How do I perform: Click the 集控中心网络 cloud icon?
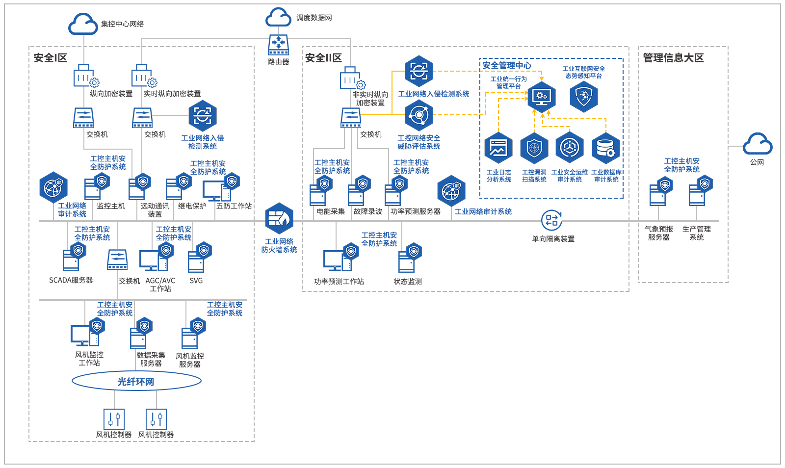click(83, 24)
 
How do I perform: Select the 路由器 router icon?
click(278, 45)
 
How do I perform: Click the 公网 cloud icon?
click(758, 144)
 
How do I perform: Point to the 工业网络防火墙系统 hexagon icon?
click(279, 218)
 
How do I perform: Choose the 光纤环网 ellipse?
click(136, 381)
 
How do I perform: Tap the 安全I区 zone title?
click(51, 58)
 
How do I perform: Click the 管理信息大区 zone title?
click(673, 58)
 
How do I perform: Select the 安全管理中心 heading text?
click(507, 65)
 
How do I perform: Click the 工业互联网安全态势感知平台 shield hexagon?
click(584, 96)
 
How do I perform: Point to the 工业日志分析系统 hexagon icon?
click(498, 148)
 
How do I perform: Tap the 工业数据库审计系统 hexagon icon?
click(606, 148)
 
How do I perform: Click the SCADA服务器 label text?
click(71, 280)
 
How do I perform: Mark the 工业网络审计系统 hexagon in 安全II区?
click(451, 191)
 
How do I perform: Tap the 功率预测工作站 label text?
click(339, 282)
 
